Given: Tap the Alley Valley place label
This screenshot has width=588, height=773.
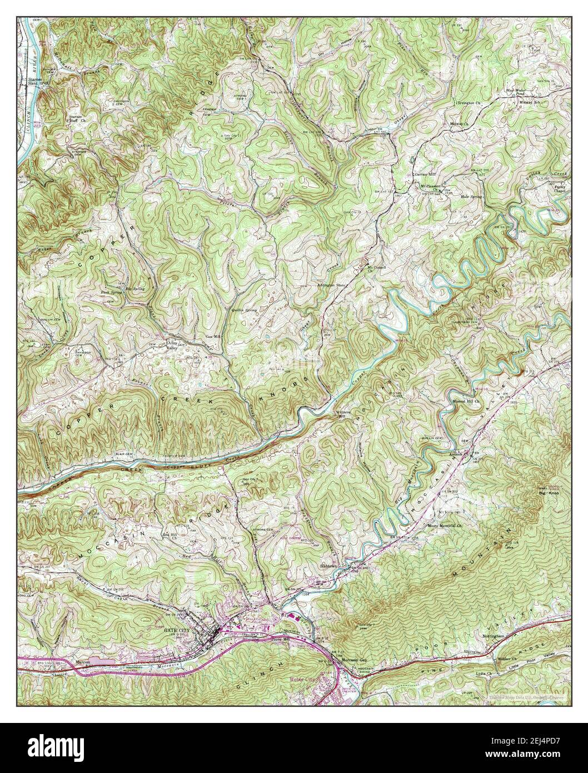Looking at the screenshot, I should tap(176, 345).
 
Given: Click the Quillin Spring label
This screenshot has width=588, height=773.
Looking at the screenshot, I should tap(245, 309).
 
